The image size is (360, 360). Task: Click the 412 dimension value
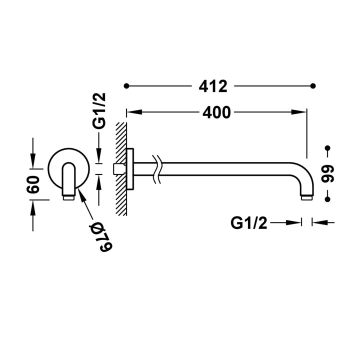point(213,86)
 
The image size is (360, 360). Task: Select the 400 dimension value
point(216,112)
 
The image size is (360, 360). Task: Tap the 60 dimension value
point(33,184)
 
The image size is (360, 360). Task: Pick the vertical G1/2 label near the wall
point(98,110)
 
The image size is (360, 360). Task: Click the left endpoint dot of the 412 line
point(126,86)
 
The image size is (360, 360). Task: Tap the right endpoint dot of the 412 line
point(313,86)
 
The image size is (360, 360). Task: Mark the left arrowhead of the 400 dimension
point(134,112)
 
